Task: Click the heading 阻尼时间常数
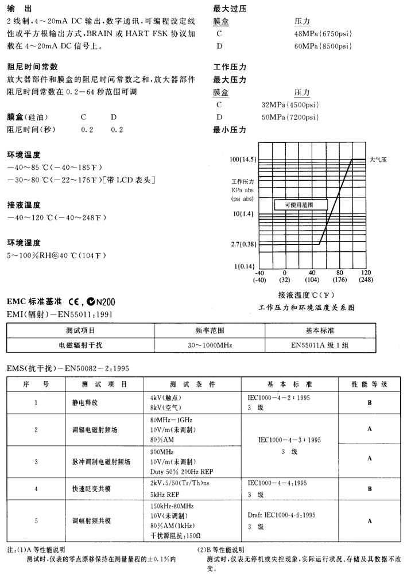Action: (x=32, y=67)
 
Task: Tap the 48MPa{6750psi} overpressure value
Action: (x=323, y=34)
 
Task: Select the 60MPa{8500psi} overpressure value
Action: (x=323, y=46)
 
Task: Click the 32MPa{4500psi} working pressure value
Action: (x=290, y=105)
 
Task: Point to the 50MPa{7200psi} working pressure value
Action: (x=290, y=118)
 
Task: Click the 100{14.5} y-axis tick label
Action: (x=243, y=160)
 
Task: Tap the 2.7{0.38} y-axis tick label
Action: (x=243, y=244)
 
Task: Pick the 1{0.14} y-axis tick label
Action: (x=245, y=266)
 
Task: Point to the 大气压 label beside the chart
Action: (x=378, y=160)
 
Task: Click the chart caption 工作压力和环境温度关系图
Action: (x=307, y=308)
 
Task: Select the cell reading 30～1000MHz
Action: (x=210, y=346)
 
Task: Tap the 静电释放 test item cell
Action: (x=85, y=402)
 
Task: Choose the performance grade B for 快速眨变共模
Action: (x=370, y=488)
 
